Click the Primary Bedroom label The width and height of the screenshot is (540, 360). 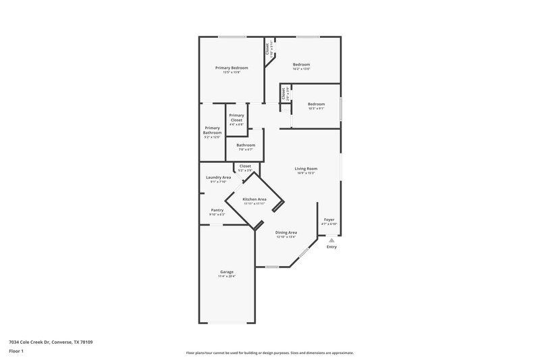coord(232,68)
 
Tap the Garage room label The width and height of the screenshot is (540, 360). coord(226,272)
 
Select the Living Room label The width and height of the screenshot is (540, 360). coord(306,168)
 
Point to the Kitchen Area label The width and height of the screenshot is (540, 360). coord(254,199)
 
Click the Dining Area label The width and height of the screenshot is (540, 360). coord(286,232)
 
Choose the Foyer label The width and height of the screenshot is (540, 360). coord(329,220)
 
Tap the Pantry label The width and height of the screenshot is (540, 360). coord(217,210)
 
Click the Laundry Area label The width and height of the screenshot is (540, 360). coord(219,177)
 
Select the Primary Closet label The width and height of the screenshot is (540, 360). coord(236,118)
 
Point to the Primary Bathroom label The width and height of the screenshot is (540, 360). coord(212,130)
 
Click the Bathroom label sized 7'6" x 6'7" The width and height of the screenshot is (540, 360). coord(246,145)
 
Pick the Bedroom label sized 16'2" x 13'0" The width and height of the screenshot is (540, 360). coord(301,64)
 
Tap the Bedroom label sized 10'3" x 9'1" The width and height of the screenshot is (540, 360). coord(316,104)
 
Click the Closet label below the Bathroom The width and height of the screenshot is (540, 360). coord(245,165)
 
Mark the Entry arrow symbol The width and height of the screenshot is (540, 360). coord(331,239)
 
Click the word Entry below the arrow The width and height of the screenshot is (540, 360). coord(331,247)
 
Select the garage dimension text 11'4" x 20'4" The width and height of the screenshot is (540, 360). coord(226,276)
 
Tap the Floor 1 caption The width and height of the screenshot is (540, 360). coord(16,352)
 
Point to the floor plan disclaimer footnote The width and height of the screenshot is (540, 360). coord(270,353)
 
